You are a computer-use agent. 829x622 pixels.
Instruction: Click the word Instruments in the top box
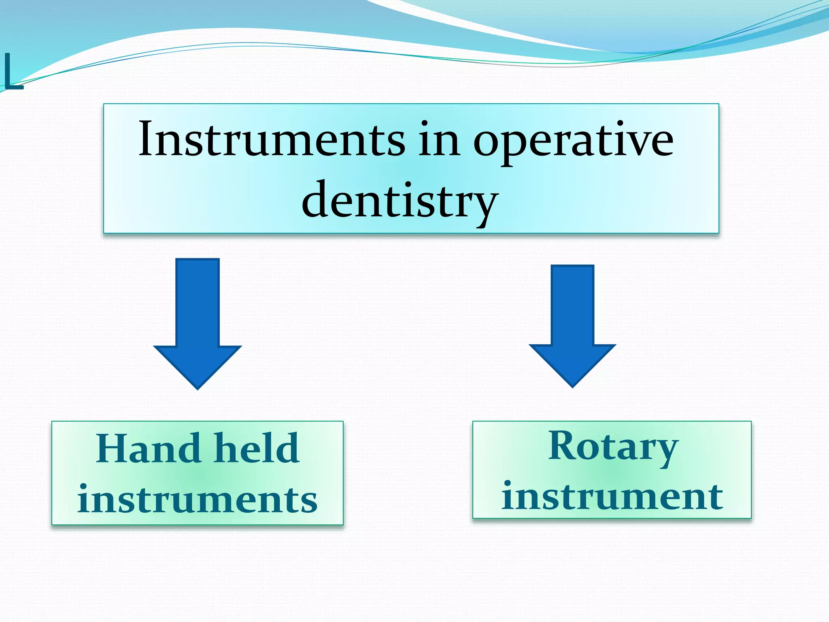point(271,140)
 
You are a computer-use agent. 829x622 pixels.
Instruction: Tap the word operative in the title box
point(573,142)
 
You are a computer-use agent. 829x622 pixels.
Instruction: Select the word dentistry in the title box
point(400,200)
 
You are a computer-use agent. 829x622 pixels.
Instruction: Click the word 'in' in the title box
point(439,140)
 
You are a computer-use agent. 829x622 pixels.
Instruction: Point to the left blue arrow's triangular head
point(198,366)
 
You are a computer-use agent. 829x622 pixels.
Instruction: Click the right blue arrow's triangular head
point(572,364)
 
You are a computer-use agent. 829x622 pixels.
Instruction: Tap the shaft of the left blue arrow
point(198,302)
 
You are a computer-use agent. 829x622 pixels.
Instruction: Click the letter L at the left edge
point(12,73)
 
